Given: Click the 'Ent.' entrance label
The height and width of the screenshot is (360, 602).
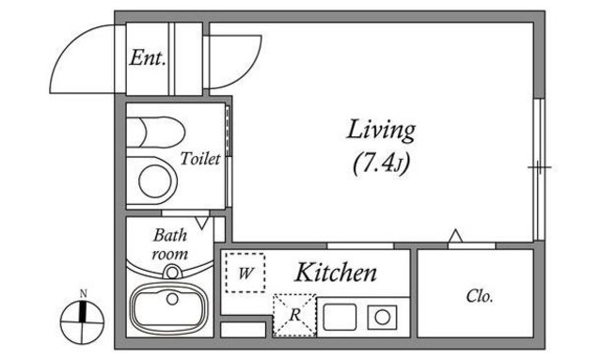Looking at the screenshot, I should coord(148,59).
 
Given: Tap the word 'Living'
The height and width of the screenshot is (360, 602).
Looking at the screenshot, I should coord(381,129).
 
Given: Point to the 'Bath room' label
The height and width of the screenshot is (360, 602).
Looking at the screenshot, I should coord(170,244).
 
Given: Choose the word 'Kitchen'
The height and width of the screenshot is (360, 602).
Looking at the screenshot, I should coord(336,274).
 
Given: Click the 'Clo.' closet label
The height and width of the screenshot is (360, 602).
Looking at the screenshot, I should coord(480,297).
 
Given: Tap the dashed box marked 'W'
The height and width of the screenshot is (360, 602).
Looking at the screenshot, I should coord(245,274).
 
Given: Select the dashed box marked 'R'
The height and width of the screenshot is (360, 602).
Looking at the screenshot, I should coord(293,315).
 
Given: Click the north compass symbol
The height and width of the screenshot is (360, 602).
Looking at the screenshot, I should coord(82,321).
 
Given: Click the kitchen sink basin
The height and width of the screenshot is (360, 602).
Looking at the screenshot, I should coord(341,317).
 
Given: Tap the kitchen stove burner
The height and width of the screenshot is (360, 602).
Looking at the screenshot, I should coord(384,317).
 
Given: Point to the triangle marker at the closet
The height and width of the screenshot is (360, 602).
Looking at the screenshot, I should coord(455,236).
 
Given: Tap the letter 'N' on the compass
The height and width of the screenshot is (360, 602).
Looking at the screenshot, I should coord(83,295).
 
